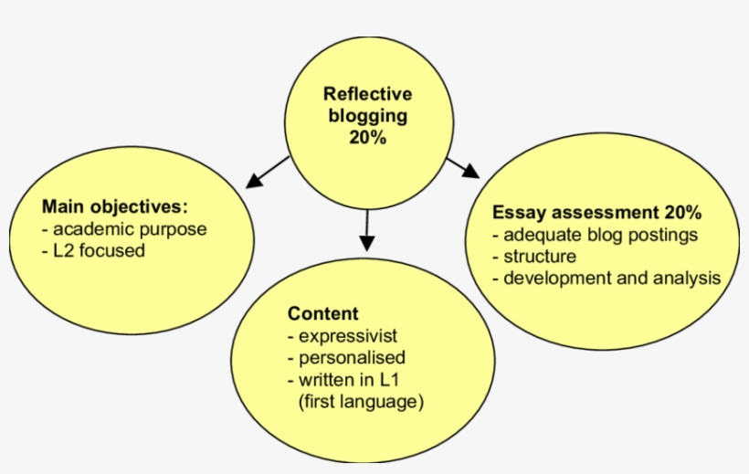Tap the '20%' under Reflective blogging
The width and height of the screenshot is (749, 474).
(367, 138)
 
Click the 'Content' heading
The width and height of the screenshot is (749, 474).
(323, 313)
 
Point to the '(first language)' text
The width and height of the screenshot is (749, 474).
(361, 401)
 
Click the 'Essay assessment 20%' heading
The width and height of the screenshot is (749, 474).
(596, 213)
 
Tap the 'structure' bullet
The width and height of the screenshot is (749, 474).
(539, 257)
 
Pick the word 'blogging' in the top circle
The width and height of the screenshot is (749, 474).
(367, 116)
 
